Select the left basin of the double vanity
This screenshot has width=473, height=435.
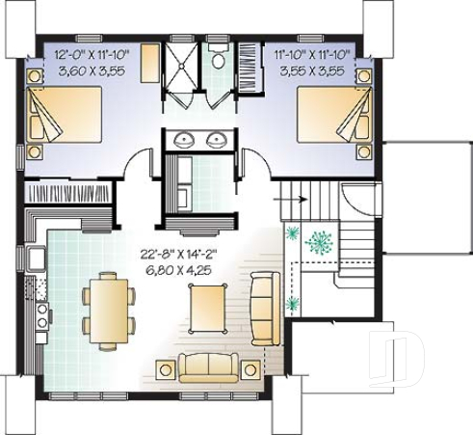[185, 141]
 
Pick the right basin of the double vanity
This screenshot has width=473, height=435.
[217, 141]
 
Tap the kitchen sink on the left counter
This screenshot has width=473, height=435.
[36, 258]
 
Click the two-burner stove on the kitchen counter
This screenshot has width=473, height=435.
[41, 313]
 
